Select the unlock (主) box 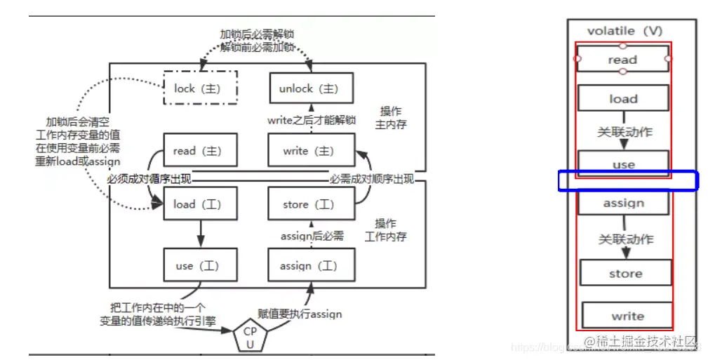pyautogui.click(x=309, y=88)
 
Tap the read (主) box pyautogui.click(x=200, y=150)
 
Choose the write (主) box pyautogui.click(x=309, y=150)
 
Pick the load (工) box pyautogui.click(x=200, y=204)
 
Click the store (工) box pyautogui.click(x=309, y=204)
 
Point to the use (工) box pyautogui.click(x=200, y=266)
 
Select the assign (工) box pyautogui.click(x=309, y=266)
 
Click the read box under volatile pyautogui.click(x=622, y=60)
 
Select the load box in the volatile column pyautogui.click(x=623, y=99)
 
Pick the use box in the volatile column pyautogui.click(x=623, y=164)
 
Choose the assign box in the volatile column pyautogui.click(x=623, y=203)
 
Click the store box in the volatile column pyautogui.click(x=625, y=273)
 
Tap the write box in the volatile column pyautogui.click(x=627, y=316)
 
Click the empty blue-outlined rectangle pyautogui.click(x=628, y=181)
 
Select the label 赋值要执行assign pyautogui.click(x=310, y=314)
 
